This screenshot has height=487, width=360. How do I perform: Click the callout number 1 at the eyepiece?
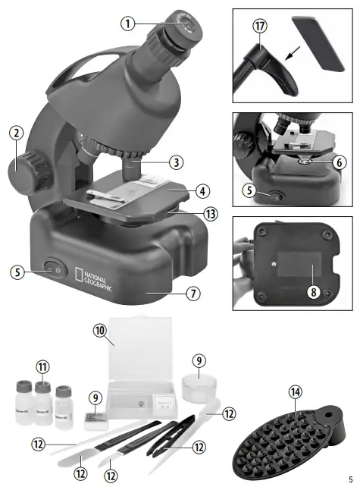coord(129,24)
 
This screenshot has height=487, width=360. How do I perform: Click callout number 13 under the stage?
coord(210,215)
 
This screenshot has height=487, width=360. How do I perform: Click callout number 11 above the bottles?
coord(43,368)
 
